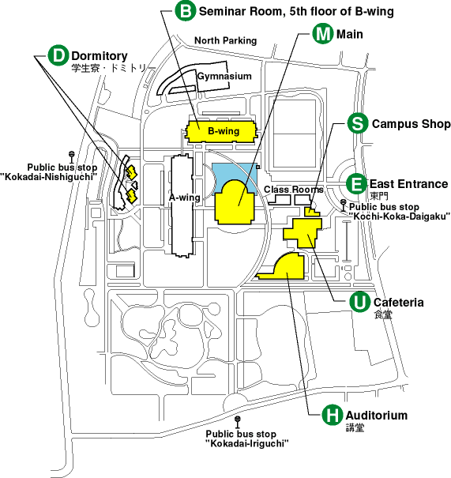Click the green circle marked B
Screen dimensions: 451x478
(185, 11)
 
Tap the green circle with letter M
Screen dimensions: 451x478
(323, 33)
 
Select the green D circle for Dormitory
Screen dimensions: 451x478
(58, 55)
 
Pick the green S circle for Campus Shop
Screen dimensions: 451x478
(358, 123)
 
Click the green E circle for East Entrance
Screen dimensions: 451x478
(356, 184)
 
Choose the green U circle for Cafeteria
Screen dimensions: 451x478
(360, 302)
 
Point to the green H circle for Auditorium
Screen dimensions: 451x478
(333, 415)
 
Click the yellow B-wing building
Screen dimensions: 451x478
(221, 131)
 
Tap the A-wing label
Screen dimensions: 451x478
(185, 198)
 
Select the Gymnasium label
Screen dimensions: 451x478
(224, 76)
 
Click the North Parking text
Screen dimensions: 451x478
(226, 40)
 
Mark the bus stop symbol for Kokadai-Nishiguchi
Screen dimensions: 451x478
(72, 156)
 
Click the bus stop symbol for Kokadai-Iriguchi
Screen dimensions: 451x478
(238, 422)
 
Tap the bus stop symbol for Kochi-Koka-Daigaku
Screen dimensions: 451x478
(344, 205)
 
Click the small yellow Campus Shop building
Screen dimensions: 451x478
(311, 212)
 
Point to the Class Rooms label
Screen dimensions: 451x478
(294, 190)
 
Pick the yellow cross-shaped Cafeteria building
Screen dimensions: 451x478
(303, 232)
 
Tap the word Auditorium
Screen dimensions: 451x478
(377, 416)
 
